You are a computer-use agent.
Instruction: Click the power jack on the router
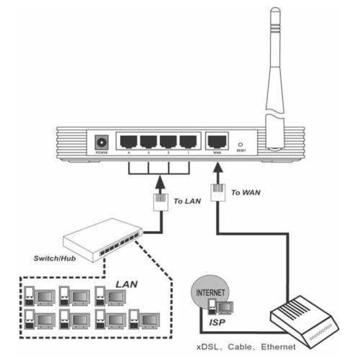coord(102,143)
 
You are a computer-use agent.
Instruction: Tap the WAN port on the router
coord(214,142)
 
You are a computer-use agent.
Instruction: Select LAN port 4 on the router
coord(128,142)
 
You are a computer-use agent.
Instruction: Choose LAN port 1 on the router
coord(188,142)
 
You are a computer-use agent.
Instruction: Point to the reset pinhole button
coord(240,143)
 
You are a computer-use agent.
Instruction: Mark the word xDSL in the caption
coord(207,347)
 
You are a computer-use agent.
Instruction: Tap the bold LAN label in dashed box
coord(126,285)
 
